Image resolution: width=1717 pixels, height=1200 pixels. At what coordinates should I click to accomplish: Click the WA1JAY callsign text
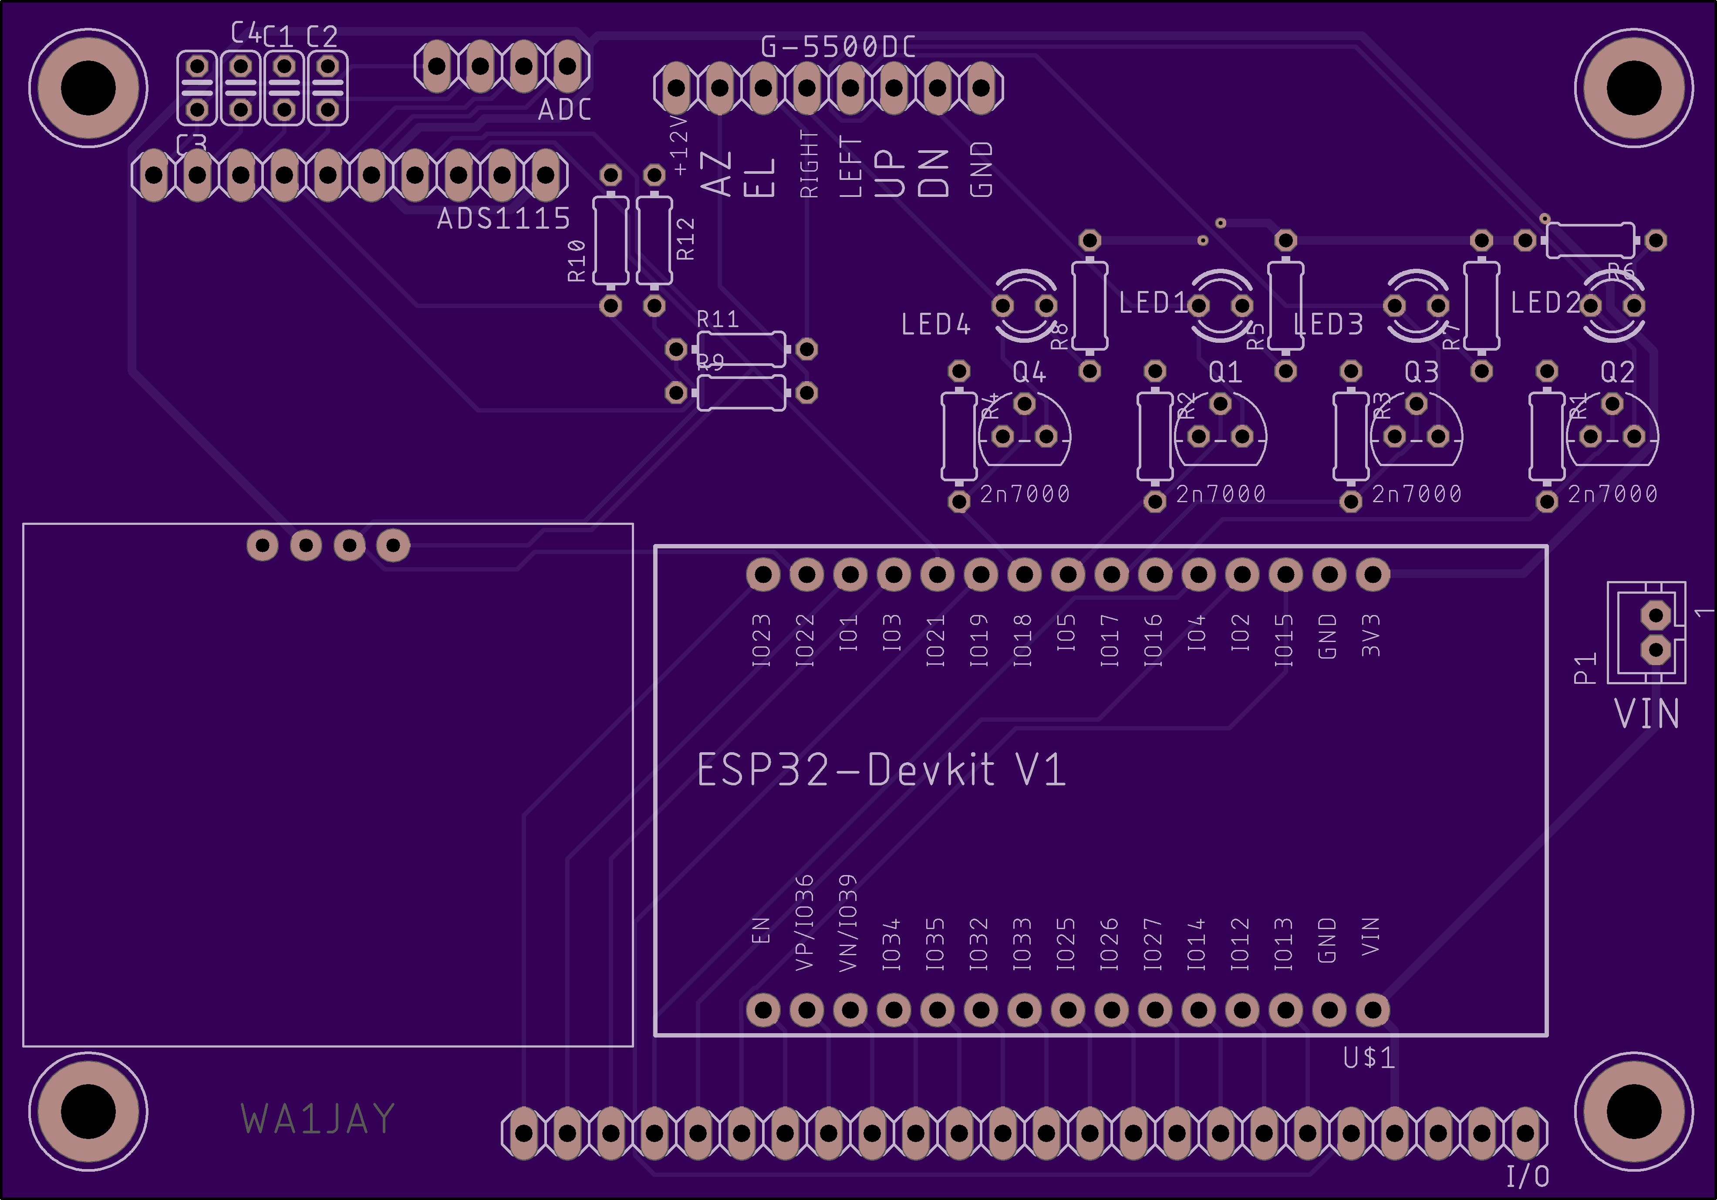click(x=318, y=1119)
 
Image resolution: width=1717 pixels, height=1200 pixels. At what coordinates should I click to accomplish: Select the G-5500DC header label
click(x=837, y=47)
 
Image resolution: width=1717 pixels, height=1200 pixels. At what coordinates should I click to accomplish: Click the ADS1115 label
click(x=503, y=219)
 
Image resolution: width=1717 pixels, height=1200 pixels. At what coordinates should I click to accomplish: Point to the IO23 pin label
click(x=761, y=640)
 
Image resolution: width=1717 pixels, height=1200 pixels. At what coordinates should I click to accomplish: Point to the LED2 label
click(x=1545, y=303)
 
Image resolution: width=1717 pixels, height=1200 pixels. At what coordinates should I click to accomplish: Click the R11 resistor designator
click(x=718, y=319)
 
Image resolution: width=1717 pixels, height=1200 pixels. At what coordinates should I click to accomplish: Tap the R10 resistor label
click(x=577, y=260)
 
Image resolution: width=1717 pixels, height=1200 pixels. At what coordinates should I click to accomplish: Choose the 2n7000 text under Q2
click(x=1612, y=494)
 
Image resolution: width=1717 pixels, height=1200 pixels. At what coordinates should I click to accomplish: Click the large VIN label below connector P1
click(x=1647, y=714)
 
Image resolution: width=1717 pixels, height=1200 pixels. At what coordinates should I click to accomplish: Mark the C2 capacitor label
click(x=322, y=36)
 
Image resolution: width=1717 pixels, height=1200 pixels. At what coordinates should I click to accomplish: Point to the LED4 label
click(x=935, y=325)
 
